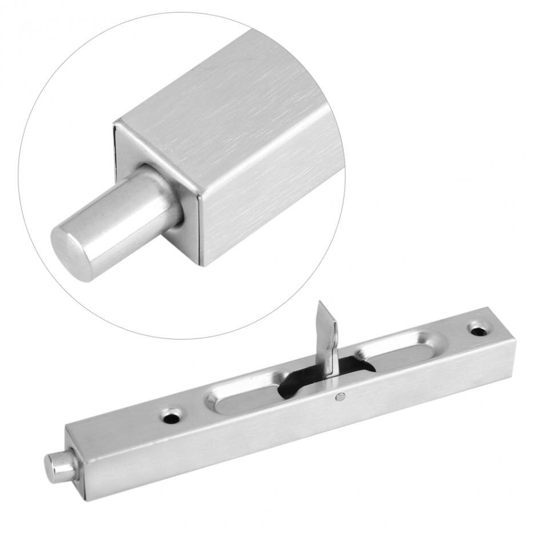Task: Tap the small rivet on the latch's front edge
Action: pyautogui.click(x=340, y=396)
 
